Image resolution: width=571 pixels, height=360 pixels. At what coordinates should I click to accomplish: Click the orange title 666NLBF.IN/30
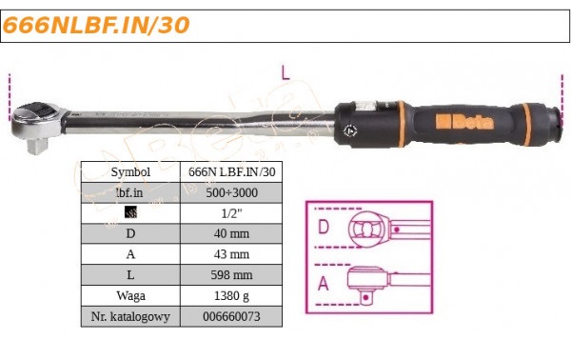point(96,26)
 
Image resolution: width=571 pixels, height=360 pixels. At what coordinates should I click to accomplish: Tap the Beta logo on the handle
point(464,122)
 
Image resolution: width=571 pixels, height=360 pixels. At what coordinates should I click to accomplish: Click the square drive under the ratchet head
point(38,147)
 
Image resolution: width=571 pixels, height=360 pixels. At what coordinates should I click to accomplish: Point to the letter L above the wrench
point(285,72)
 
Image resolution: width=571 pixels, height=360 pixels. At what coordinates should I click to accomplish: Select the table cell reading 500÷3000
point(231,192)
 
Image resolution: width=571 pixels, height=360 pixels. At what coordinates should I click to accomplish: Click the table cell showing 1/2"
point(231,213)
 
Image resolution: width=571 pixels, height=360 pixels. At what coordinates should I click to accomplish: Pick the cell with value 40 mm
point(231,233)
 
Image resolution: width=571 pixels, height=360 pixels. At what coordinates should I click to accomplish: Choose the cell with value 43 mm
point(231,254)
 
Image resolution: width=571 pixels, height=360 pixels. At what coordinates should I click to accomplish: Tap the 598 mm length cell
point(231,274)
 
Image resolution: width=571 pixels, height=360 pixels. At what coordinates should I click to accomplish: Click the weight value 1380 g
point(231,295)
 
